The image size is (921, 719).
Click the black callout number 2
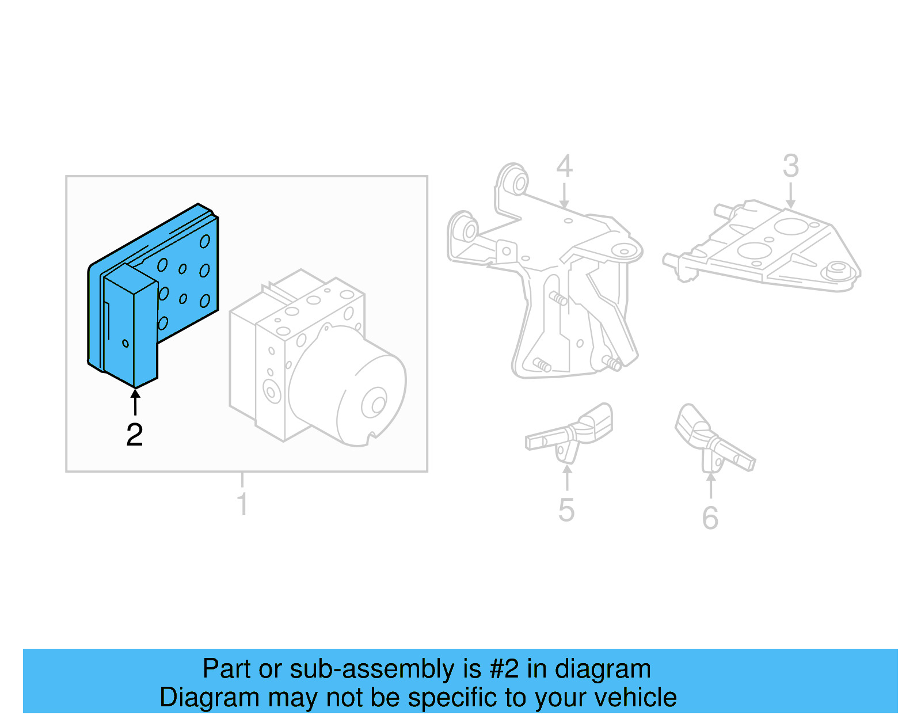point(135,435)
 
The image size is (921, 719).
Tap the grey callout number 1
point(242,504)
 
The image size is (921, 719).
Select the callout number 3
point(791,166)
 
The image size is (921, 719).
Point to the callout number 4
point(564,166)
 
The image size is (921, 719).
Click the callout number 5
point(566,510)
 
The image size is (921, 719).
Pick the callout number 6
point(710,518)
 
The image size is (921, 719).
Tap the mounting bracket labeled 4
point(553,276)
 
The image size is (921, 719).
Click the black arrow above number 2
point(135,402)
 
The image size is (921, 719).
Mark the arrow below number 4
point(564,196)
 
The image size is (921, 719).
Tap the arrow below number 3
point(791,196)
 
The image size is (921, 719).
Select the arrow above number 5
point(567,478)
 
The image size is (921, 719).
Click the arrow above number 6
point(711,485)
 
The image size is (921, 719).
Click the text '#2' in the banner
point(504,669)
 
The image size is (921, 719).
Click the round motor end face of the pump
point(374,403)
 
